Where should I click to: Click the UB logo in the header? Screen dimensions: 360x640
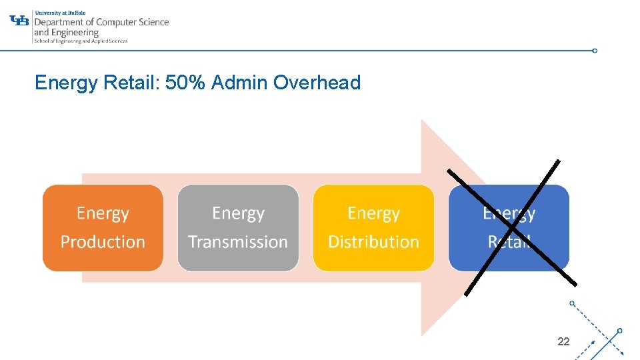tap(20, 20)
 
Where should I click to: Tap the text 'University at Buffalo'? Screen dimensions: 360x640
tap(59, 12)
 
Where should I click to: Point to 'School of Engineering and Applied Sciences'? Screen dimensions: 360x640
tap(80, 41)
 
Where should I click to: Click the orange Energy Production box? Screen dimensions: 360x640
tap(103, 227)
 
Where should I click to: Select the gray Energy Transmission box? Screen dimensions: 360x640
tap(238, 227)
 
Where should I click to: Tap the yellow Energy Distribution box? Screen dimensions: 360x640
tap(373, 227)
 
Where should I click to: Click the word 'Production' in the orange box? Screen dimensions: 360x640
tap(103, 241)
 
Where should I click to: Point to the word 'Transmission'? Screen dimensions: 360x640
tap(238, 241)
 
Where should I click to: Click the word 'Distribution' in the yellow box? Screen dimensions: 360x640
tap(373, 241)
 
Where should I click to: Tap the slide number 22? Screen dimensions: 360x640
tap(563, 341)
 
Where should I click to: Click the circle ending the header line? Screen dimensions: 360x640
tap(595, 51)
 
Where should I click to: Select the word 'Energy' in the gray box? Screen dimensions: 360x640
tap(238, 213)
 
